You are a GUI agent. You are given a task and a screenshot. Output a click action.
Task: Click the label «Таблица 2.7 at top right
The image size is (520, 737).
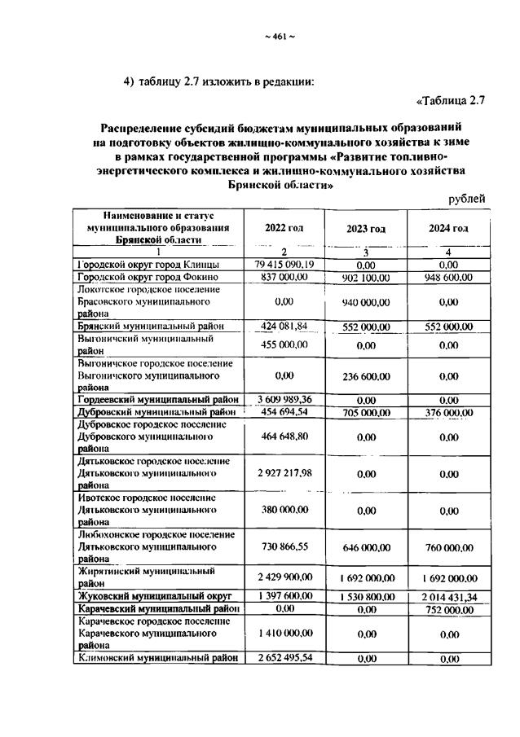451,101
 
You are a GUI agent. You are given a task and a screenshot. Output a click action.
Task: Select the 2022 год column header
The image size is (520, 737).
284,229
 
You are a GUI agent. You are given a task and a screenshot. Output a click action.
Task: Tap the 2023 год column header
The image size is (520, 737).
365,229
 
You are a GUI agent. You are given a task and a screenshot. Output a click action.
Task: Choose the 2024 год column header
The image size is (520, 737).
448,229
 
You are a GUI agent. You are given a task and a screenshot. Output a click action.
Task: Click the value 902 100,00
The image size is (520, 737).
365,278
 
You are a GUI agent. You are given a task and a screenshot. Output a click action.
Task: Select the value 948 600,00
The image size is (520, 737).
448,278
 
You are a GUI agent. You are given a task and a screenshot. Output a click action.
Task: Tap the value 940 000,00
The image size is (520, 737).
365,302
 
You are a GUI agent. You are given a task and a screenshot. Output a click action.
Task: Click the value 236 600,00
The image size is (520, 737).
365,377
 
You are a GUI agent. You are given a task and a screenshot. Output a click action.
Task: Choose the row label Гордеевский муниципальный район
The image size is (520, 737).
158,400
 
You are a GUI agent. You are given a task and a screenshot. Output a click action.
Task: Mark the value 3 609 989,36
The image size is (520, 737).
284,399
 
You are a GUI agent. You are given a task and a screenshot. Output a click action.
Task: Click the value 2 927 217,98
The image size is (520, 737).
284,473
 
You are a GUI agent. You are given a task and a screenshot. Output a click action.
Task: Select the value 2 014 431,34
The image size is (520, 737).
448,598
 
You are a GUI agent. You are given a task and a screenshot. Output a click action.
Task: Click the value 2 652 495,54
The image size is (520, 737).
284,658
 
